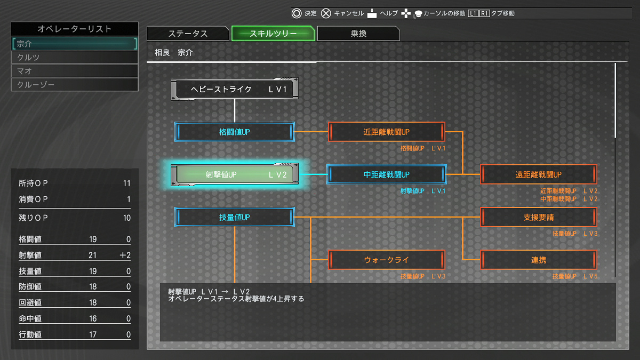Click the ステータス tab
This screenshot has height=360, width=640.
point(188,34)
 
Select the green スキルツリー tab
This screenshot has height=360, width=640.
point(273,34)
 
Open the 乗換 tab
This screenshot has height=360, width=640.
point(358,34)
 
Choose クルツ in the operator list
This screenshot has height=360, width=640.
point(75,58)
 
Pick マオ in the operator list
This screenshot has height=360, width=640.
point(75,71)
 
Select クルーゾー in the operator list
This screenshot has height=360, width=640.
point(75,84)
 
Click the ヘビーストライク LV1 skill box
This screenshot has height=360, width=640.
point(235,90)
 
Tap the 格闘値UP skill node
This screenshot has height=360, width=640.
point(235,132)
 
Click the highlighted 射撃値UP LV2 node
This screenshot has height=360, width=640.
point(235,174)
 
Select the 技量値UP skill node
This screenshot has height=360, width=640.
point(235,217)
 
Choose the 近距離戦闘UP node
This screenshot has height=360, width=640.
point(387,132)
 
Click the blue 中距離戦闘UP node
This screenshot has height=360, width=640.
point(387,174)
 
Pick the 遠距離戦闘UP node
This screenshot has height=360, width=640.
point(539,174)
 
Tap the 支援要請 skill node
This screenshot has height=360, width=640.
point(539,217)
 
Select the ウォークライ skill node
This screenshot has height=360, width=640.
point(387,260)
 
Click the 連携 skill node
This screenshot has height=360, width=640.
point(539,260)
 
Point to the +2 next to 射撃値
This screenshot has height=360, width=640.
point(125,255)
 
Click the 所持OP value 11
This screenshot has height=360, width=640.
point(126,183)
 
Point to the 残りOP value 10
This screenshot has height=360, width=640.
point(126,218)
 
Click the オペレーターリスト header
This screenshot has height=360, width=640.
point(75,29)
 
